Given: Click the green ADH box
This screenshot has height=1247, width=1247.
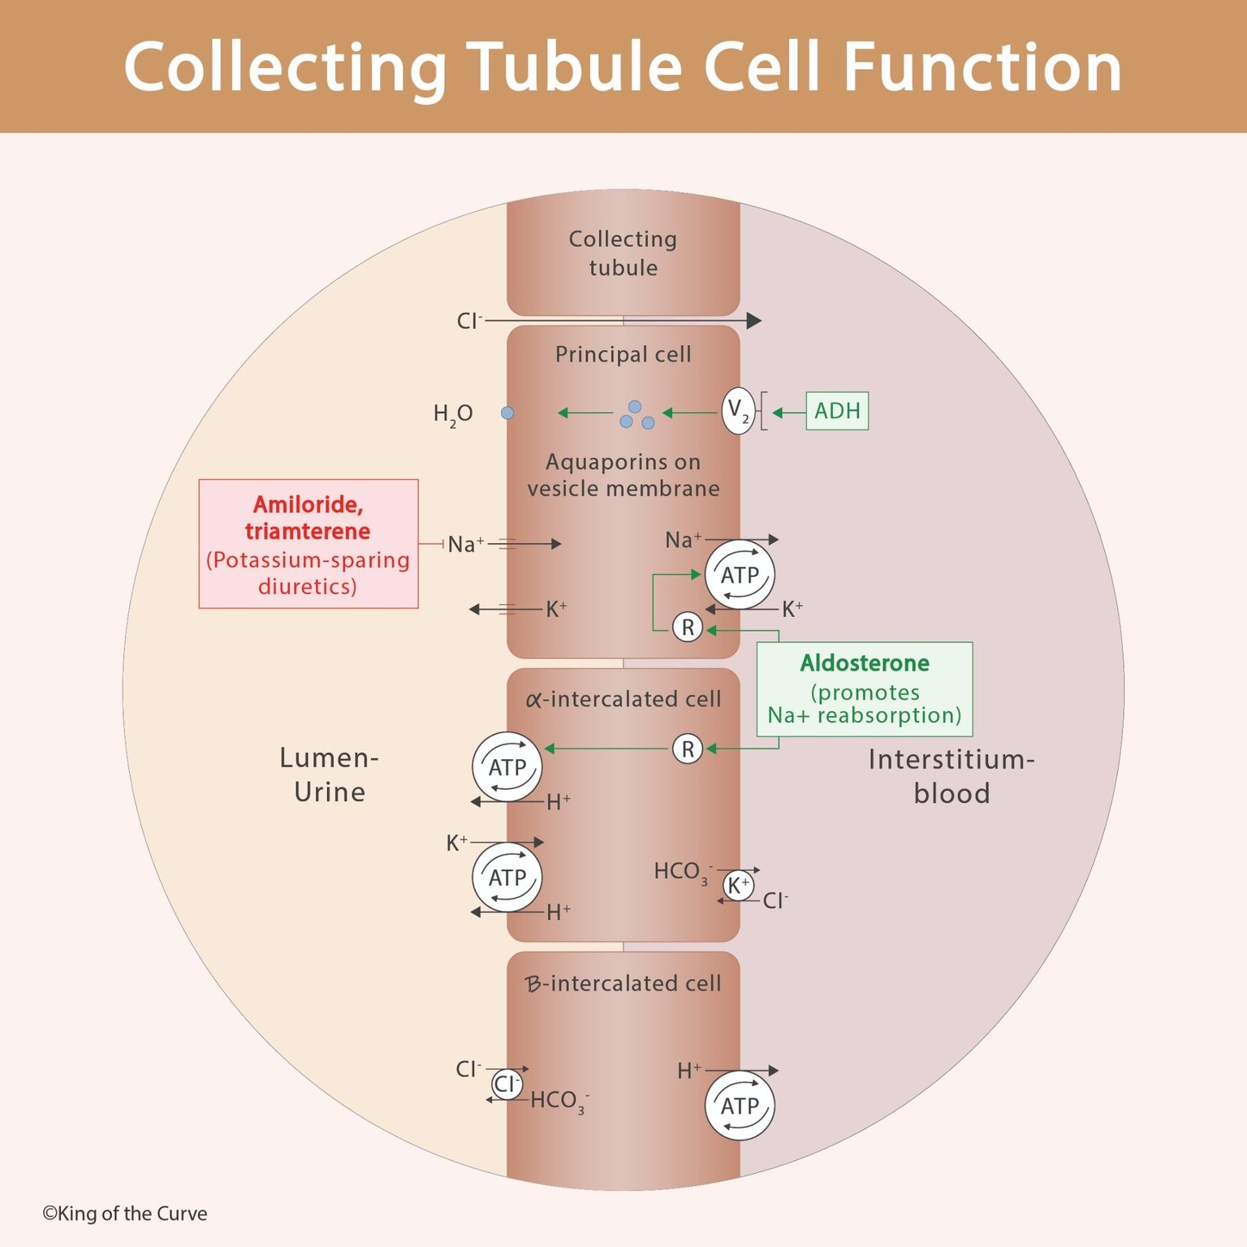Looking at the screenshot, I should pyautogui.click(x=837, y=411).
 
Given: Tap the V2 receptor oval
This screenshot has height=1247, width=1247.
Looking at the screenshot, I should pyautogui.click(x=738, y=411).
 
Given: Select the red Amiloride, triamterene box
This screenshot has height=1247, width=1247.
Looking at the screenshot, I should pyautogui.click(x=309, y=544).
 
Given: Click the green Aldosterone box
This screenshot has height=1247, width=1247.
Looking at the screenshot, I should pyautogui.click(x=865, y=689).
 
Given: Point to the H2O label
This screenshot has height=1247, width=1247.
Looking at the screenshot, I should pyautogui.click(x=453, y=414).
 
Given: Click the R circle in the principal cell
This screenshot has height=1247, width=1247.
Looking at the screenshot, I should pyautogui.click(x=688, y=628).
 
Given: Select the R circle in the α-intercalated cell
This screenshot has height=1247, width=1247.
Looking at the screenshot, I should pyautogui.click(x=688, y=749).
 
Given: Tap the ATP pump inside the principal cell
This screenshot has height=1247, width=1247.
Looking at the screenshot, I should pyautogui.click(x=740, y=575).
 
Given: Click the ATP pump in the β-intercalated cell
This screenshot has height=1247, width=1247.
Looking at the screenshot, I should pyautogui.click(x=740, y=1106).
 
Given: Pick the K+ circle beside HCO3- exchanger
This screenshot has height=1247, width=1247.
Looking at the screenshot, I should pyautogui.click(x=738, y=886).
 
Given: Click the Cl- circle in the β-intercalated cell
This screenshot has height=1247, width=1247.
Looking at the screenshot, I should pyautogui.click(x=507, y=1084).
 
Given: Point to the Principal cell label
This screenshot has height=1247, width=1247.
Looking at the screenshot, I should pyautogui.click(x=623, y=355).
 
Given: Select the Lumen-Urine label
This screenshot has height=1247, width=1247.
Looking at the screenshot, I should pyautogui.click(x=329, y=775).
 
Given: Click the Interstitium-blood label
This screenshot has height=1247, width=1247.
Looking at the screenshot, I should pyautogui.click(x=951, y=776).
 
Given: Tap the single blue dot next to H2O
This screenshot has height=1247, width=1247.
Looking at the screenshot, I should pyautogui.click(x=507, y=413).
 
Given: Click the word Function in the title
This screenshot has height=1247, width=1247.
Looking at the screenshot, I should pyautogui.click(x=982, y=67).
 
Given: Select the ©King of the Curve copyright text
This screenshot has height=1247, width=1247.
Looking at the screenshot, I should pyautogui.click(x=125, y=1214).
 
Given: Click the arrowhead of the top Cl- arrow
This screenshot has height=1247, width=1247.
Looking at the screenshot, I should pyautogui.click(x=754, y=321).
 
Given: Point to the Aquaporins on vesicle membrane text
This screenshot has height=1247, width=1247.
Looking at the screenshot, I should pyautogui.click(x=623, y=475).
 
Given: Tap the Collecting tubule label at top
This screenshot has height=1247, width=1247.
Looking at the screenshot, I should pyautogui.click(x=623, y=253).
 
